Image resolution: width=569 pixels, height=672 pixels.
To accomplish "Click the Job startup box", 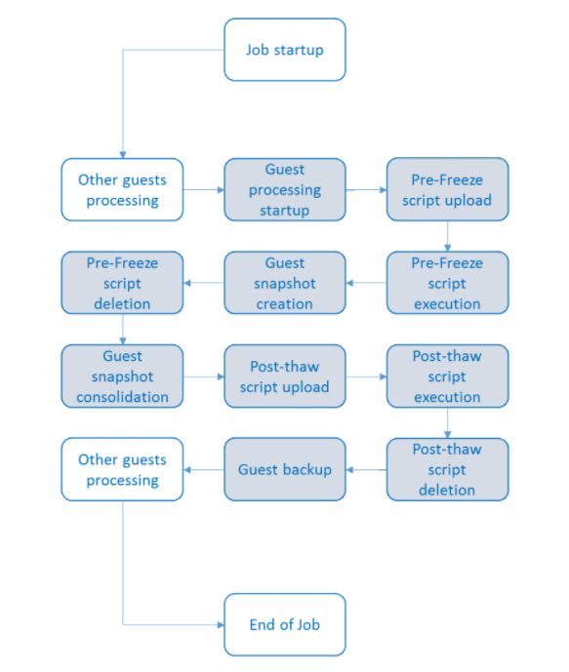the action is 285,50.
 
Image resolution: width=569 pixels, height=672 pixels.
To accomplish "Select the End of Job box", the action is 285,624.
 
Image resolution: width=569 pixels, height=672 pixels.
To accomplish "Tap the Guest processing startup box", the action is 285,189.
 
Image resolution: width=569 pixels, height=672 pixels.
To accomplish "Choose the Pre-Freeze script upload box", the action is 447,189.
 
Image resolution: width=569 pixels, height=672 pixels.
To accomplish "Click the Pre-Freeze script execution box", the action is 447,283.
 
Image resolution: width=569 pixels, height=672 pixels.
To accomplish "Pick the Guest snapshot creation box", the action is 285,283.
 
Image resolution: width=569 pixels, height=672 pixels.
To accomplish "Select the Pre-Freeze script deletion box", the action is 122,283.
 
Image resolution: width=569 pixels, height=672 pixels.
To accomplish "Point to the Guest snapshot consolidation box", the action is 122,376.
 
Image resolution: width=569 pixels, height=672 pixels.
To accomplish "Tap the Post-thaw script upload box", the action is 285,376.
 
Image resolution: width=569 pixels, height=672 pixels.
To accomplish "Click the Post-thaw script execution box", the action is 447,376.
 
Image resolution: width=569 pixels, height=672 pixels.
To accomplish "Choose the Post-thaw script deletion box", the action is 447,469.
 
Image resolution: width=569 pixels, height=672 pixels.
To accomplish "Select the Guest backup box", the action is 285,469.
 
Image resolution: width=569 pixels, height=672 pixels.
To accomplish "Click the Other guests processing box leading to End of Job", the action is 122,469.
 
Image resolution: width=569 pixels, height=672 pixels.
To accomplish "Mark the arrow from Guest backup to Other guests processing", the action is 204,470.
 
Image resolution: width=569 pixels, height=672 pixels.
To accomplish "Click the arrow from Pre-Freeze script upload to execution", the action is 448,236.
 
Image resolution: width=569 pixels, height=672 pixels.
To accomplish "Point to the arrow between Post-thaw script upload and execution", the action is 366,376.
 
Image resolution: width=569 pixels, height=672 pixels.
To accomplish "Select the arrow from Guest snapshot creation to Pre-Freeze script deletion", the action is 204,283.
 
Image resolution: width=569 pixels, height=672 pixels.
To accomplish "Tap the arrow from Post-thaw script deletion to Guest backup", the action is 366,470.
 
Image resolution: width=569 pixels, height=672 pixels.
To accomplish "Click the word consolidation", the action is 122,397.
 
